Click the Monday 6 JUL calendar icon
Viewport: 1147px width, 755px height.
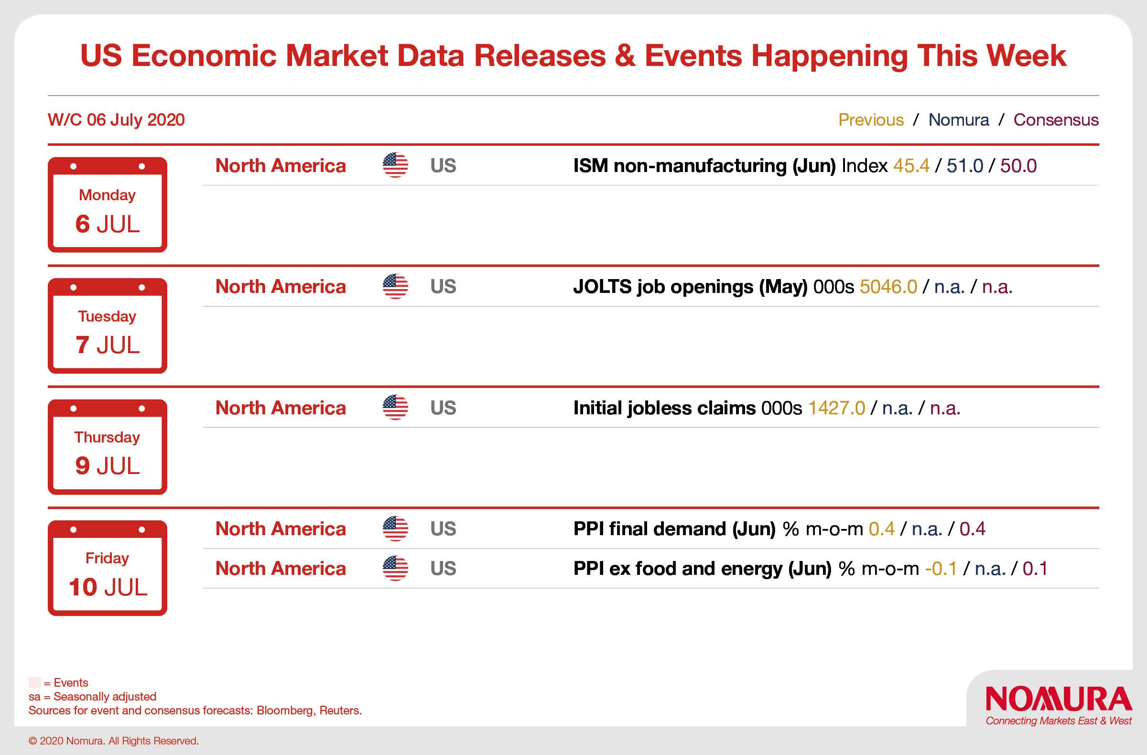point(108,205)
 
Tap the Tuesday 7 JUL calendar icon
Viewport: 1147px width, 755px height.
point(108,326)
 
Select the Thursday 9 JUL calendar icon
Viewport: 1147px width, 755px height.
point(108,447)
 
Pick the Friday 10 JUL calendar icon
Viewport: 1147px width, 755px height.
point(108,568)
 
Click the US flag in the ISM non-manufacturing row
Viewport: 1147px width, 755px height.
point(395,165)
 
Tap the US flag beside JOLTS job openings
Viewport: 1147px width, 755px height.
point(395,287)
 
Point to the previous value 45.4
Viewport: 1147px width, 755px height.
point(911,166)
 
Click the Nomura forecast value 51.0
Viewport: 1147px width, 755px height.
point(965,166)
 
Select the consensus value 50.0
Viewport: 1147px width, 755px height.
point(1018,166)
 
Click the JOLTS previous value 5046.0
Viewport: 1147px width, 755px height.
point(888,287)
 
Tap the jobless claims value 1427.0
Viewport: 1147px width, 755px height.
point(836,408)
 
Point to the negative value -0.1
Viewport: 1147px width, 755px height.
point(941,569)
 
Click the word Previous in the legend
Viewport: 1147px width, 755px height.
point(871,119)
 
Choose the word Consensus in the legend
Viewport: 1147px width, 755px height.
point(1056,119)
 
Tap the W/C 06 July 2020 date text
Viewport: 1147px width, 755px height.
point(116,119)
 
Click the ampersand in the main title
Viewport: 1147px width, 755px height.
point(625,55)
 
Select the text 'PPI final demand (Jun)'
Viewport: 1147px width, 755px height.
point(674,529)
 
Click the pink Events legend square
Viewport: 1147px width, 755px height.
point(35,682)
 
